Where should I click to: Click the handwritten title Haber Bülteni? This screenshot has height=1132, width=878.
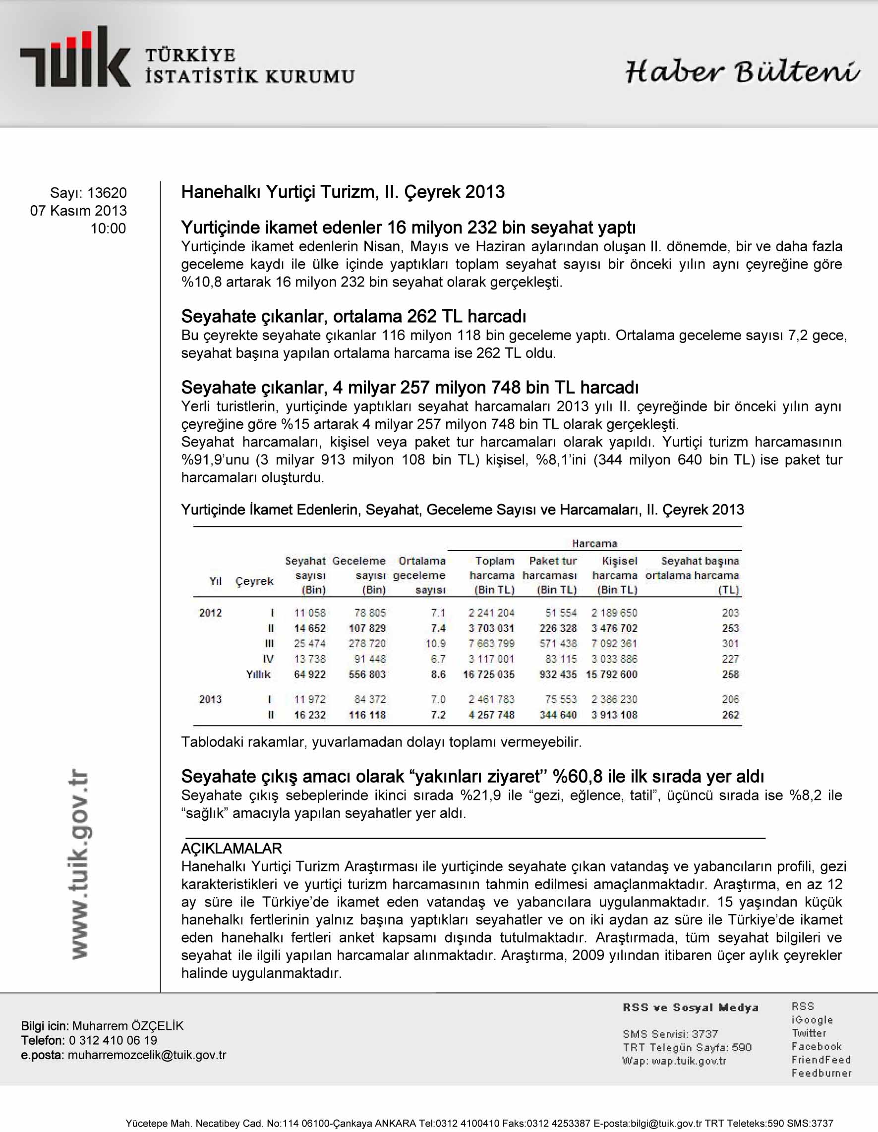pyautogui.click(x=742, y=71)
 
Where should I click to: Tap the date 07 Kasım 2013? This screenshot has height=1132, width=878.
pyautogui.click(x=78, y=211)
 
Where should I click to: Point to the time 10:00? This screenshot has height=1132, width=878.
pyautogui.click(x=108, y=228)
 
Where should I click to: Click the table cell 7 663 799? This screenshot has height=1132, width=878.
pyautogui.click(x=491, y=644)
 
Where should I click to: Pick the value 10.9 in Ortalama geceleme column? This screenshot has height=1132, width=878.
pyautogui.click(x=435, y=644)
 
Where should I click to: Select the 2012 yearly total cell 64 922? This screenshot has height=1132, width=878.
pyautogui.click(x=310, y=675)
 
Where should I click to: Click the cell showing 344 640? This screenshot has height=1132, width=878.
pyautogui.click(x=558, y=715)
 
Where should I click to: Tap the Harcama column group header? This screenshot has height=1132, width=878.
pyautogui.click(x=594, y=543)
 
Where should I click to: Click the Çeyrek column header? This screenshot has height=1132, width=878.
pyautogui.click(x=254, y=581)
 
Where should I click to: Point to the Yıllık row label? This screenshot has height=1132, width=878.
pyautogui.click(x=258, y=675)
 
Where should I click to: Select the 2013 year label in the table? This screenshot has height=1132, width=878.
pyautogui.click(x=210, y=699)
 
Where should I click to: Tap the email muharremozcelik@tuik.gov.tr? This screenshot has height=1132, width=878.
pyautogui.click(x=147, y=1055)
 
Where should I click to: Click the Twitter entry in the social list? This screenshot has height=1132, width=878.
pyautogui.click(x=809, y=1033)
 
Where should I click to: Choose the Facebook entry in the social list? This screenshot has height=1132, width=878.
pyautogui.click(x=817, y=1046)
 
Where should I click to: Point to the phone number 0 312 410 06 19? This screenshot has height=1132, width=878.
pyautogui.click(x=113, y=1040)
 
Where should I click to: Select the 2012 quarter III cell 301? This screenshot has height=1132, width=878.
pyautogui.click(x=730, y=644)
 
